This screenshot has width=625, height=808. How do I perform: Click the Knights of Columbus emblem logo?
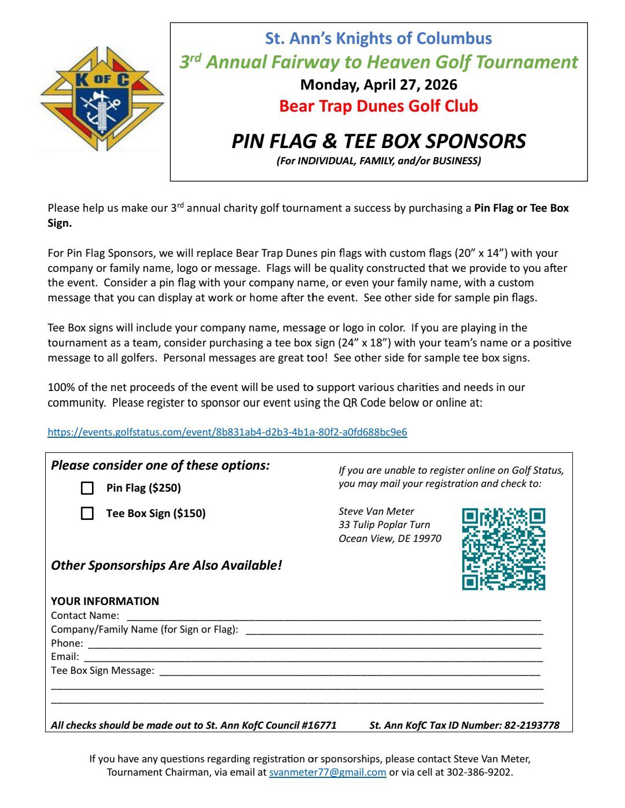coord(102,98)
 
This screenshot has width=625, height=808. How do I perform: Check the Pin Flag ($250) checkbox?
coord(87,488)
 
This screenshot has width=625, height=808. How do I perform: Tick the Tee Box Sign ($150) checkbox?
coord(87,514)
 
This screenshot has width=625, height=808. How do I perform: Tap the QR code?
coord(503,549)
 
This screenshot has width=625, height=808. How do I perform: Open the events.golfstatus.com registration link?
coord(227,432)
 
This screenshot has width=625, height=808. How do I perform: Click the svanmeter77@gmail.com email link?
coord(328,772)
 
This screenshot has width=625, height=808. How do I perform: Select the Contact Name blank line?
coord(333,617)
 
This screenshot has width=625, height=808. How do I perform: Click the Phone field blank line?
coord(314,644)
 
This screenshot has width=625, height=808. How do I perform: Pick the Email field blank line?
coord(313,658)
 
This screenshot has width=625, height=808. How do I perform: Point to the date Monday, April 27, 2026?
coord(378,85)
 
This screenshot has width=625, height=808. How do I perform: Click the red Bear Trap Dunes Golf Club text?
coord(378,106)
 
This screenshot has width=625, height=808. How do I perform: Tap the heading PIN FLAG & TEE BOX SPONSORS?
coord(378,141)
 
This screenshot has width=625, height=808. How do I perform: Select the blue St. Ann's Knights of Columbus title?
coord(378,39)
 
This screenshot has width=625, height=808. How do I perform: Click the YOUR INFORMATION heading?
coord(105,601)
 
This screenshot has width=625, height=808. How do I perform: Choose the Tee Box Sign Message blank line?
coord(350,672)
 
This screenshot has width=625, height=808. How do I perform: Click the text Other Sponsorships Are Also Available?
coord(167,565)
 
